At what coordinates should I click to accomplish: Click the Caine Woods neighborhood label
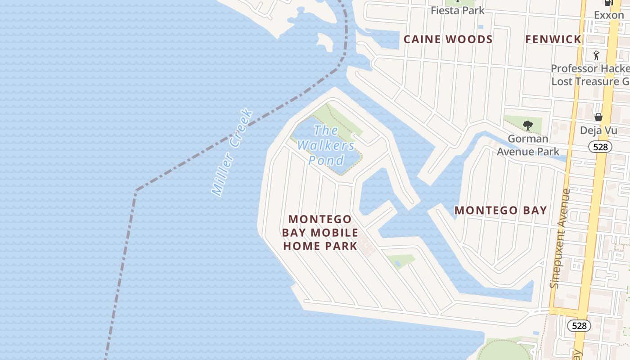[448, 40]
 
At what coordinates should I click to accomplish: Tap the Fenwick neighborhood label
[553, 40]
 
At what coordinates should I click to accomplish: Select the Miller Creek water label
[232, 152]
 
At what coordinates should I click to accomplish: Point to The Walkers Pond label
[326, 145]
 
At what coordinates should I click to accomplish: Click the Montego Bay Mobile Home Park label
[320, 233]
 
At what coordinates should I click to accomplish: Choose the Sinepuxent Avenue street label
[560, 238]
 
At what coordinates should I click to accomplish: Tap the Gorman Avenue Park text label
[528, 145]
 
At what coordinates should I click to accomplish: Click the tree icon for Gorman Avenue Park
[528, 126]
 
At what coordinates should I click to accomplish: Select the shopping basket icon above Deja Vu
[598, 117]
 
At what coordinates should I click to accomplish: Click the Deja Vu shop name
[598, 130]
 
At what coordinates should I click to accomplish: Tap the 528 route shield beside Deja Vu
[600, 147]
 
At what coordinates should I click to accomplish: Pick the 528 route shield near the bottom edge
[579, 325]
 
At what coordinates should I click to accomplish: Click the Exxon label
[609, 15]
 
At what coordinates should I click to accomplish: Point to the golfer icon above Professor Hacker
[597, 55]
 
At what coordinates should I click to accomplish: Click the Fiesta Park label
[458, 10]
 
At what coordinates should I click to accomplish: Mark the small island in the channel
[325, 42]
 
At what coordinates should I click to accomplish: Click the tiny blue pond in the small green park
[397, 263]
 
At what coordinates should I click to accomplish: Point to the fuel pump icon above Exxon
[609, 2]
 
